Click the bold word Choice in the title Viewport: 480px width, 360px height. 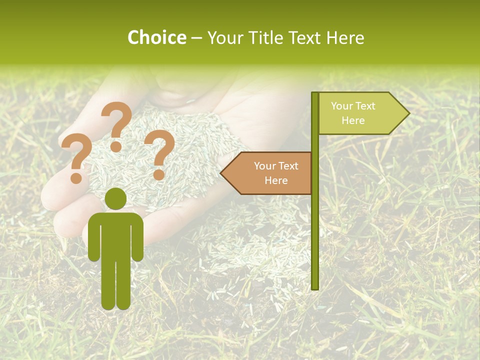click(x=156, y=38)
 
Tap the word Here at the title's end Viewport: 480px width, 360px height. click(x=345, y=38)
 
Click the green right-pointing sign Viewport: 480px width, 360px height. click(x=360, y=113)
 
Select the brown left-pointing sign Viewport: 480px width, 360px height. click(x=270, y=173)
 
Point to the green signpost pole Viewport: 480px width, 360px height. click(x=315, y=225)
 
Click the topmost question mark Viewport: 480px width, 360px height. click(x=116, y=120)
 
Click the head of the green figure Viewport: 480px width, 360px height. click(x=116, y=198)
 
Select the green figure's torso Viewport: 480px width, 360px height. click(x=116, y=235)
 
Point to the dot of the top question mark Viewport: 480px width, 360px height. click(x=116, y=146)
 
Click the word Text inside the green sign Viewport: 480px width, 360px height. click(x=366, y=106)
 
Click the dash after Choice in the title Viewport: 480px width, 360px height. click(x=196, y=38)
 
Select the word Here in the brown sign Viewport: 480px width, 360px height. click(x=276, y=180)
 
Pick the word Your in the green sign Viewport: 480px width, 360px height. click(x=342, y=106)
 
